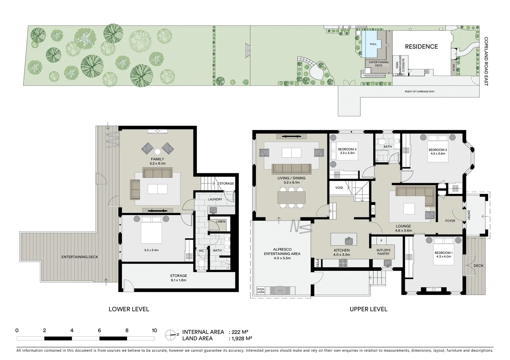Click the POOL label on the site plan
point(373,44)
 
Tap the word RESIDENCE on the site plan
point(421,47)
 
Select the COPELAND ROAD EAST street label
point(486,61)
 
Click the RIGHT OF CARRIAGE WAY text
point(420,91)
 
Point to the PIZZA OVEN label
point(261,291)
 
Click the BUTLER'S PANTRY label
point(383,252)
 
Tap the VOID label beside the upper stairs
point(339,188)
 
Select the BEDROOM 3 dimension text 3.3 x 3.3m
point(347,153)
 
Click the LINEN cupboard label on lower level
point(220,222)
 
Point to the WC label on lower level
point(201,251)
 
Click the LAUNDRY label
point(215,199)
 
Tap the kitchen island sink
point(349,240)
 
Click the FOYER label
point(450,221)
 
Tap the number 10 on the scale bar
point(154,331)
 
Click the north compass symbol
point(170,335)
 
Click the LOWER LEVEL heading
point(129,309)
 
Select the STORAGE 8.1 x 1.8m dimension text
point(178,280)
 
